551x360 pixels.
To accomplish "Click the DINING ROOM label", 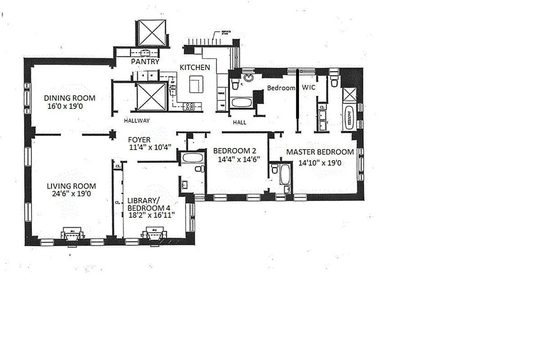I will tap(70, 98).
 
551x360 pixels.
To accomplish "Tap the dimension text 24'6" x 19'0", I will tap(71, 194).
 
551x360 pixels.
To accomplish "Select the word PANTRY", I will tap(145, 62).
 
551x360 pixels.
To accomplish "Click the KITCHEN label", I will tap(194, 67).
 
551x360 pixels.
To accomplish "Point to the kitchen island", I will tap(196, 84).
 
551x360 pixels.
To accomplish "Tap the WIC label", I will tap(309, 88).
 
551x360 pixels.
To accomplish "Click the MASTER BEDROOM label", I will tap(320, 152).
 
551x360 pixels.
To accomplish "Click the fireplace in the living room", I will tap(72, 235).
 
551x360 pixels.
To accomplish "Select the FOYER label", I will tap(139, 140).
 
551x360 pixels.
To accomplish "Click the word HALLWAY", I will tap(137, 121).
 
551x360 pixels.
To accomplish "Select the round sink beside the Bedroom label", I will tap(248, 77).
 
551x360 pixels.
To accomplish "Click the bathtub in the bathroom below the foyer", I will tap(193, 158).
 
